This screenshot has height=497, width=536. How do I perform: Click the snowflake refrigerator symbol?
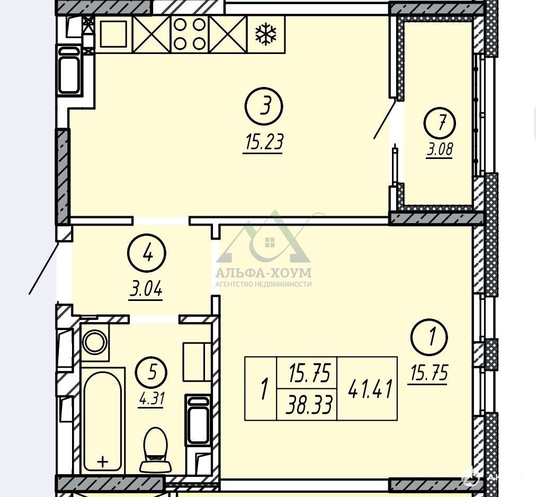coord(266,34)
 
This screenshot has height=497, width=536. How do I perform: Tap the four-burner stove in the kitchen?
coord(190,34)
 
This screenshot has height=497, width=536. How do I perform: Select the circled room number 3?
coord(264,106)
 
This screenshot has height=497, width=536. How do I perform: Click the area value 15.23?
coord(263,143)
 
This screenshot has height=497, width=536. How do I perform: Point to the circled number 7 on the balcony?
coord(440,123)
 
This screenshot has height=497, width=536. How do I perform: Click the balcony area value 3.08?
coord(439,150)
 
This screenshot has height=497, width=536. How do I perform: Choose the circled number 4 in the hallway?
coord(146,254)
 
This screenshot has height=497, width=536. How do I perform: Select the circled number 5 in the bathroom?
coord(151,372)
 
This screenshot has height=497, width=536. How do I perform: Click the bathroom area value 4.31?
coord(151,399)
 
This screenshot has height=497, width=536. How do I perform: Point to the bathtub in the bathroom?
coord(103,420)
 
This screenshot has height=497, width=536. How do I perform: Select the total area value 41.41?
coord(369,388)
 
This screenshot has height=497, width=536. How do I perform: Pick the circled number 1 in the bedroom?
coord(430,337)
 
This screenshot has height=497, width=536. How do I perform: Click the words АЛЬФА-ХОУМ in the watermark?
coord(264,273)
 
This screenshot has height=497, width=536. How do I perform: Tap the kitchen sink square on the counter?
coord(113,34)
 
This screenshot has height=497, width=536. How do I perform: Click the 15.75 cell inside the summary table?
coord(310,373)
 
